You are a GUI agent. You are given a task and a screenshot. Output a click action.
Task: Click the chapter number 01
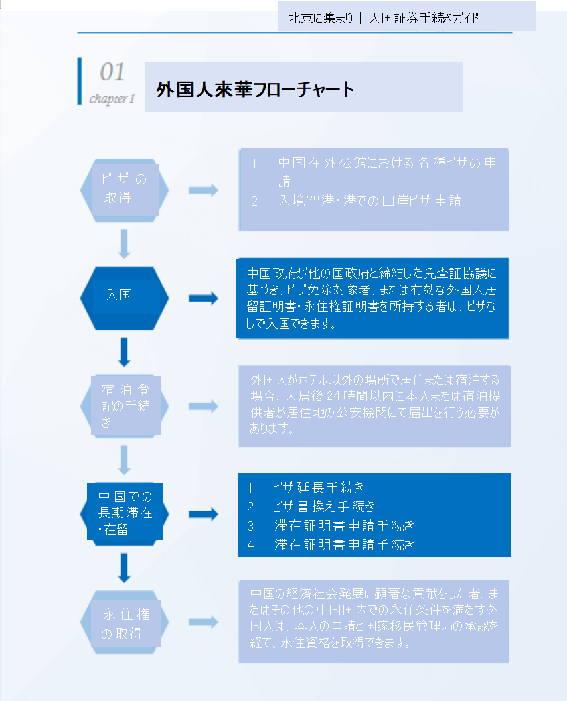tap(112, 72)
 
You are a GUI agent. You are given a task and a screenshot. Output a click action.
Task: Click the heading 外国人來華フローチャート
tap(256, 90)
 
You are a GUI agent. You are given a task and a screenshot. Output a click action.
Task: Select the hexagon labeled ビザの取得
tap(124, 189)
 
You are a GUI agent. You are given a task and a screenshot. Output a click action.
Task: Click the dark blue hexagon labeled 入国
tap(124, 296)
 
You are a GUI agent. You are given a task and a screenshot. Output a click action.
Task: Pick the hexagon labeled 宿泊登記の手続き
tap(124, 405)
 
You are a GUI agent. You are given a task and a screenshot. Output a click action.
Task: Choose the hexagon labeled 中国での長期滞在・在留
tap(124, 513)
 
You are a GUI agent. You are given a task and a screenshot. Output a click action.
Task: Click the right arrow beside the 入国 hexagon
tap(203, 298)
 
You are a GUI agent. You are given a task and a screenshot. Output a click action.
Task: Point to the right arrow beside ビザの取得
tap(203, 190)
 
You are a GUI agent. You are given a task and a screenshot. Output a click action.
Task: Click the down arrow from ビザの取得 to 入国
tap(124, 244)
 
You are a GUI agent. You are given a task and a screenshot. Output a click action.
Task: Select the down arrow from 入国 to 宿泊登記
tap(124, 351)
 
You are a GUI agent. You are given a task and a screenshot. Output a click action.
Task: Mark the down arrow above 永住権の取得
tap(124, 568)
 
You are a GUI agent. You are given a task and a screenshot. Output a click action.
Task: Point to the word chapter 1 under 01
tap(112, 99)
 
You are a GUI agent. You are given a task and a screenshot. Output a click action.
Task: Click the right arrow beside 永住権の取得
tap(203, 622)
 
